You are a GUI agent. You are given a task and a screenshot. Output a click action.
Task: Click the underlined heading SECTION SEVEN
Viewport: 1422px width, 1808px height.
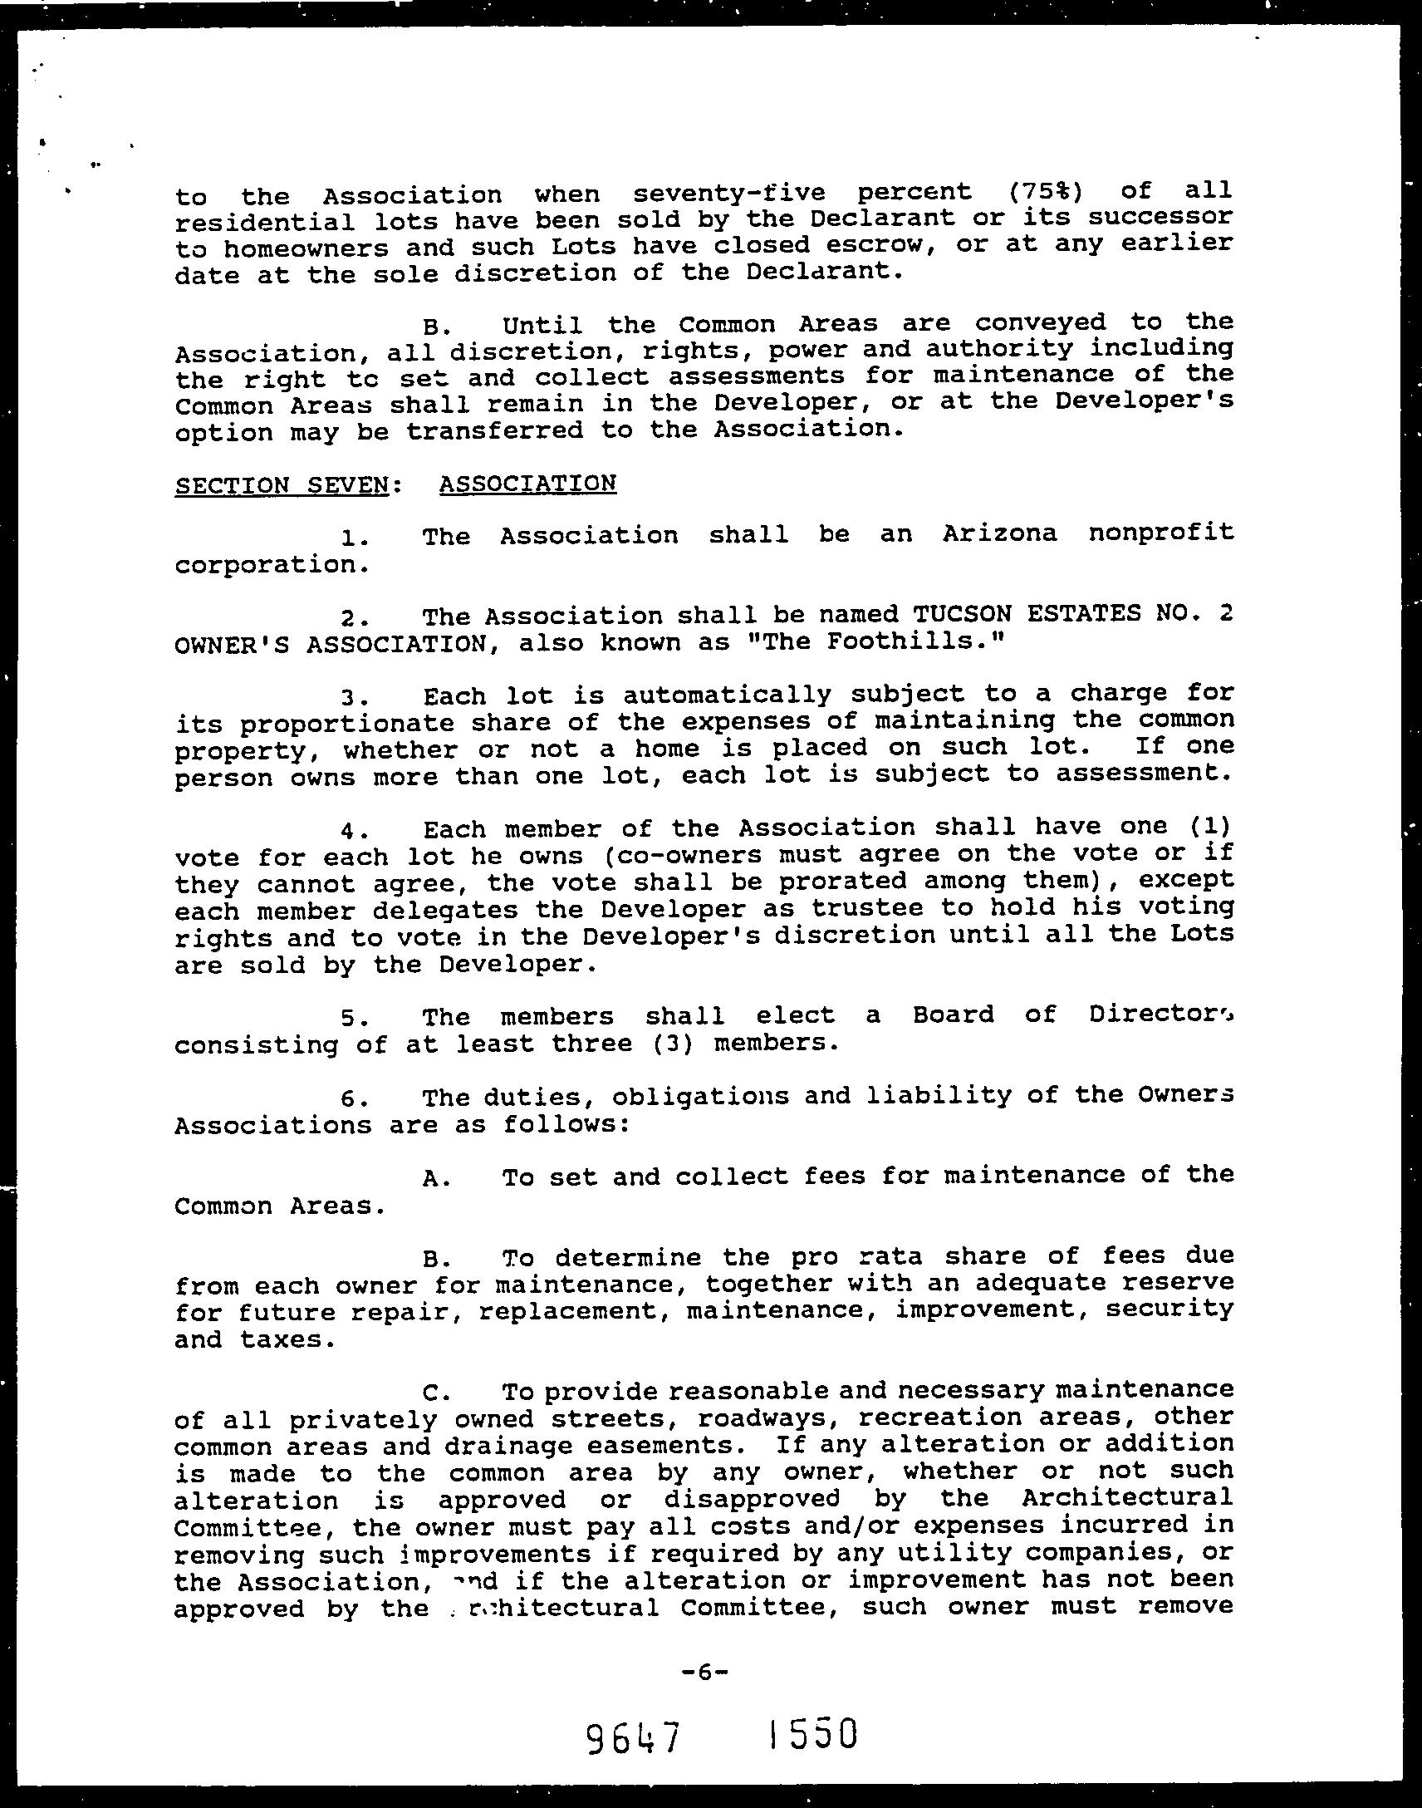coord(282,484)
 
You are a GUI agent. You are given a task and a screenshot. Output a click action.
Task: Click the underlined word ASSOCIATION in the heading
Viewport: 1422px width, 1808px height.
coord(527,483)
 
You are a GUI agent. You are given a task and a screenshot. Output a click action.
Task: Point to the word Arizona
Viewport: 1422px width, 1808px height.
coord(999,533)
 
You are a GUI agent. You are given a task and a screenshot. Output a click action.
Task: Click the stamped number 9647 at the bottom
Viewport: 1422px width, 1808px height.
coord(633,1739)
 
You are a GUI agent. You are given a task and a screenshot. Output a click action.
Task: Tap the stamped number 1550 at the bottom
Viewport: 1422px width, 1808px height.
coord(812,1735)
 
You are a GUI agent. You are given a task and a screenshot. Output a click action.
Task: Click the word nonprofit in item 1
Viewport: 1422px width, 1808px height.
coord(1160,531)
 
